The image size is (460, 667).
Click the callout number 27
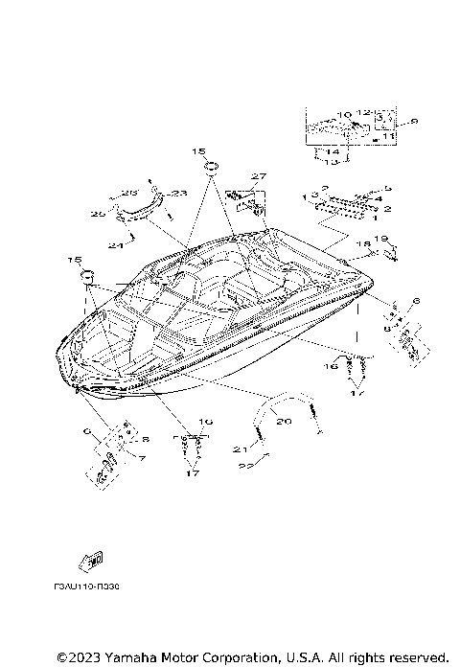[257, 176]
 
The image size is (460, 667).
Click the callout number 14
[332, 151]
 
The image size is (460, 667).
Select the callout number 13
[332, 162]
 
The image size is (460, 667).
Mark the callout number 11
[390, 138]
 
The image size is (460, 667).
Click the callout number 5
[388, 188]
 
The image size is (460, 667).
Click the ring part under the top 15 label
[211, 170]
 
